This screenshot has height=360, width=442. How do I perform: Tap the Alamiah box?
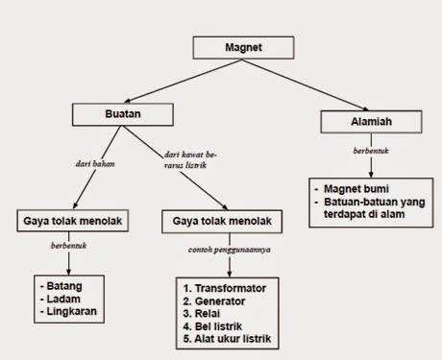pos(366,123)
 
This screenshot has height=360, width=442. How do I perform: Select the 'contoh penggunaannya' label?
pos(222,250)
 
